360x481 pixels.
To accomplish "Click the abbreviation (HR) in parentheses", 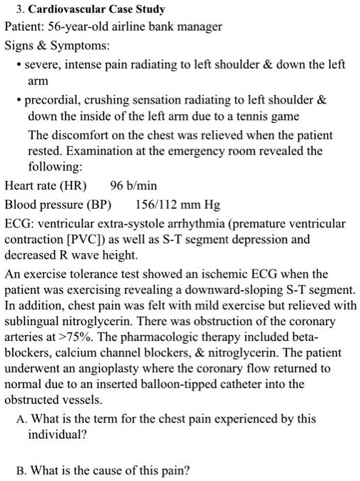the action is pos(74,185).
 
